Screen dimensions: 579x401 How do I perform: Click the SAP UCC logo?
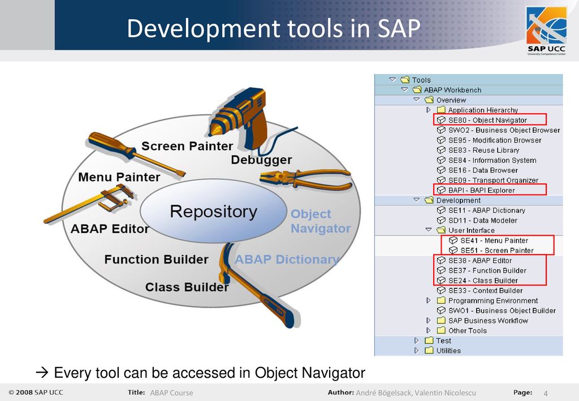(x=547, y=31)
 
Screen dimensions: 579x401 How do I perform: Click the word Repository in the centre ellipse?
(x=213, y=212)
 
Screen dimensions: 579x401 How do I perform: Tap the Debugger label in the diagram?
(x=261, y=160)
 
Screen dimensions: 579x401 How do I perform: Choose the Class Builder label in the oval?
(x=187, y=287)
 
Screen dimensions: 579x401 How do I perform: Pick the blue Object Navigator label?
(x=321, y=221)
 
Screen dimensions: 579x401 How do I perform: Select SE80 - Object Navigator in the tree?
(x=487, y=120)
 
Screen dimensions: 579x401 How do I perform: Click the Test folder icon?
(x=429, y=340)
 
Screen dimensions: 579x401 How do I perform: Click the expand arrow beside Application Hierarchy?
(x=429, y=110)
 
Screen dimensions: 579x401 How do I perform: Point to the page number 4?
(x=546, y=393)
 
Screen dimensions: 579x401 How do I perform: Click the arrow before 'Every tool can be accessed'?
(x=42, y=373)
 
